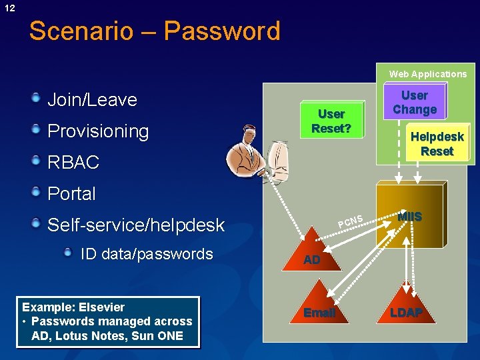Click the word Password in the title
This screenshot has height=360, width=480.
click(224, 31)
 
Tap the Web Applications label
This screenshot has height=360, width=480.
click(428, 74)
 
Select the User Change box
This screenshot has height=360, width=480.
click(414, 103)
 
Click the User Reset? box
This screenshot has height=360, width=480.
click(331, 121)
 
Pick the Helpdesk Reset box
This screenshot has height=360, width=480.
click(437, 144)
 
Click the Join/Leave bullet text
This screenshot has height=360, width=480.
click(92, 100)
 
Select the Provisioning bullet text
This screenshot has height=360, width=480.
click(98, 131)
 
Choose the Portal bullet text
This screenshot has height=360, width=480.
click(71, 194)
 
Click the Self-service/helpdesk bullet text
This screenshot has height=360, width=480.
click(136, 225)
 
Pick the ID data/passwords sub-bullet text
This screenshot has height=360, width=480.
click(147, 254)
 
